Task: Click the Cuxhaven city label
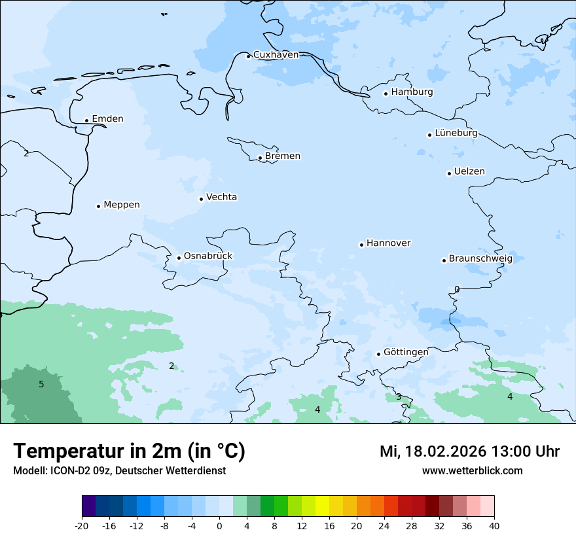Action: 276,55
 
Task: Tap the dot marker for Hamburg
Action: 386,94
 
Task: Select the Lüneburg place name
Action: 456,133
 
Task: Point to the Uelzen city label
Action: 469,172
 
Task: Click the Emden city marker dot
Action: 86,120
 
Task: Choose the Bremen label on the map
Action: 283,156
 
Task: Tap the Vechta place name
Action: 221,198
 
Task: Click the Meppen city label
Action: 122,205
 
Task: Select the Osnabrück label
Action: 208,256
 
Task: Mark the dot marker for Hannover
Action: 361,245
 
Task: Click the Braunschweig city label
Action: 480,259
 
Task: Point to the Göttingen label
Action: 406,353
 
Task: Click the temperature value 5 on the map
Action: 41,385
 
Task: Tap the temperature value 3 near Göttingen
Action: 398,397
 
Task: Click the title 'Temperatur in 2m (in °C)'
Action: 129,451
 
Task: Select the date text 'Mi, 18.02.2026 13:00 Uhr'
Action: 469,452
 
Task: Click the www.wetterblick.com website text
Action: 472,471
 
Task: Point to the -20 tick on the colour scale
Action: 82,526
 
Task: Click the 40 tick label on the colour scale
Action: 494,526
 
